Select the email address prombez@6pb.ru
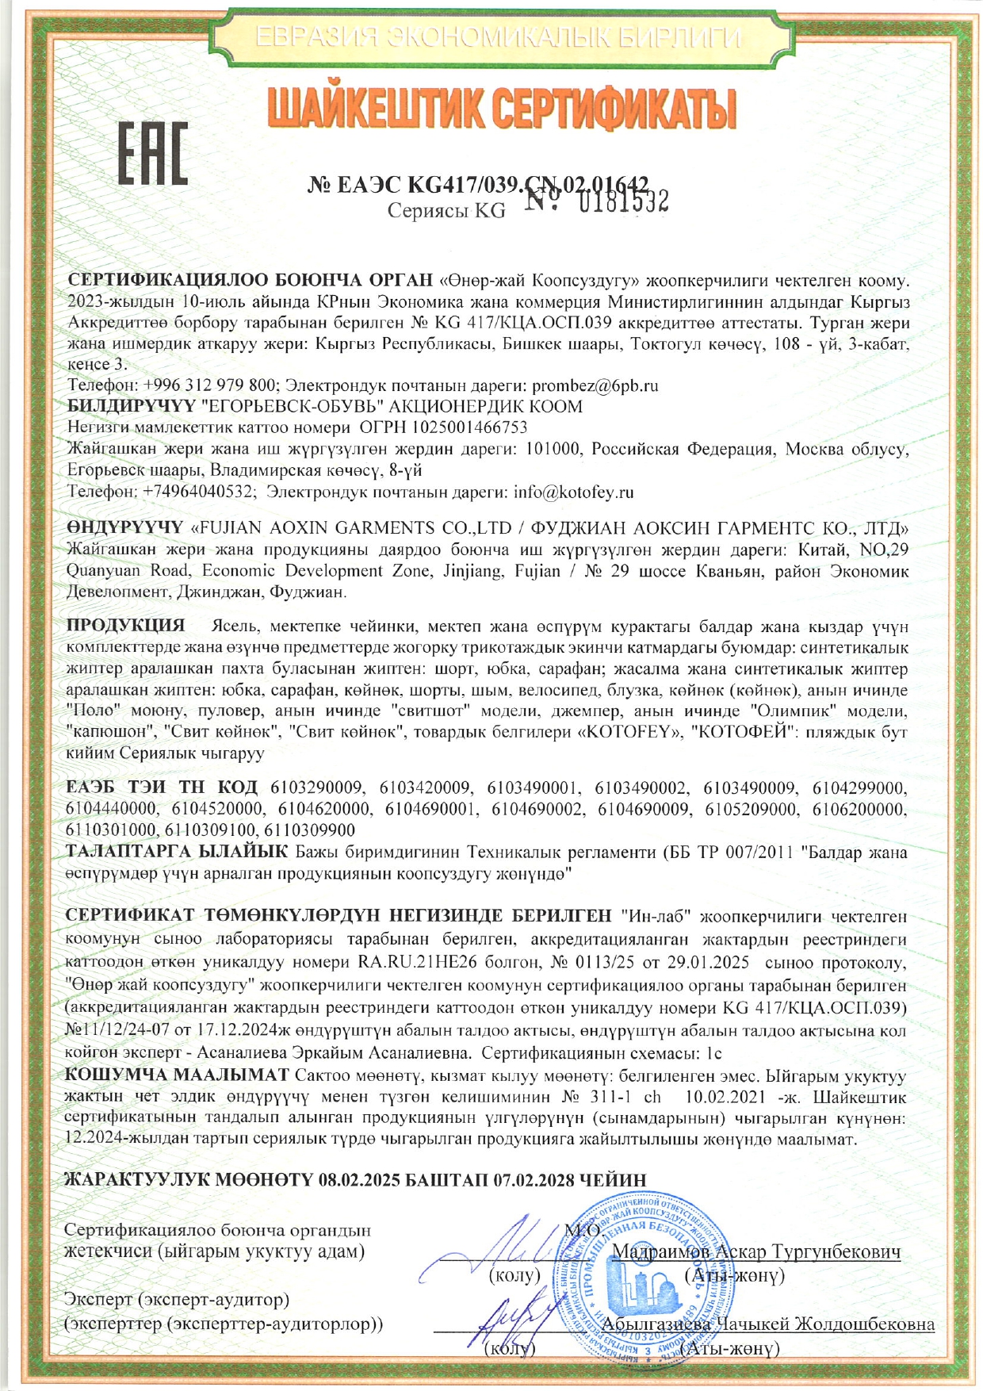click(x=595, y=385)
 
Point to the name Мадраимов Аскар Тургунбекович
click(x=757, y=1252)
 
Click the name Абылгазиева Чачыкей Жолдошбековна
click(x=767, y=1324)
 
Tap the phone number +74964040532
click(x=200, y=492)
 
